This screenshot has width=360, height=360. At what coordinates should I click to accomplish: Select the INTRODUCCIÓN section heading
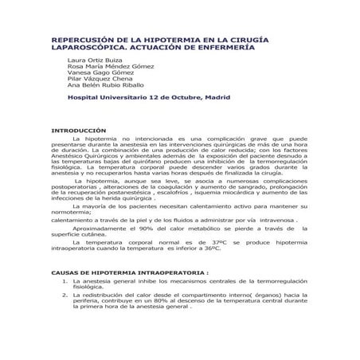pos(79,130)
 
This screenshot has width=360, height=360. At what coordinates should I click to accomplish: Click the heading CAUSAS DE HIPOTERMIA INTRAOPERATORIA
pos(129,273)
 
